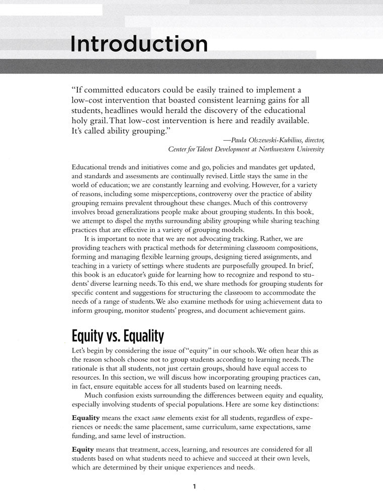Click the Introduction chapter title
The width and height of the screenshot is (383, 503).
[139, 44]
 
